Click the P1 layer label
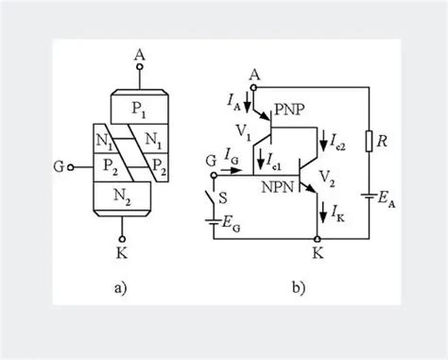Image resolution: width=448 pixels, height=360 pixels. pos(139,109)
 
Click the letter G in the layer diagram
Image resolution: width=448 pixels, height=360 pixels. pos(60,172)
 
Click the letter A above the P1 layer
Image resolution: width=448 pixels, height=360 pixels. pos(140,55)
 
